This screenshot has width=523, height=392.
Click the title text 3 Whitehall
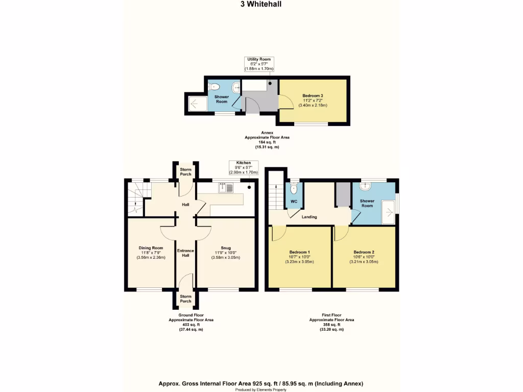click(x=261, y=4)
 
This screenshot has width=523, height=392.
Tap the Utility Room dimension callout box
click(x=259, y=64)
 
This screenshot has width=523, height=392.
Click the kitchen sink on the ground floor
click(x=225, y=189)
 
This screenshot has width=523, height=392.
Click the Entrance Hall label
click(x=185, y=253)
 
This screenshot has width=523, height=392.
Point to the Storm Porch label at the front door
click(x=185, y=299)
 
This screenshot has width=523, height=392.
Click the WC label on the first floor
click(x=294, y=202)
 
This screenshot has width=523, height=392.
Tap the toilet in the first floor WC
click(x=294, y=189)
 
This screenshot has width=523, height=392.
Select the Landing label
click(x=309, y=217)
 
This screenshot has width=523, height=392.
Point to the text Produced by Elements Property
click(x=261, y=389)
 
